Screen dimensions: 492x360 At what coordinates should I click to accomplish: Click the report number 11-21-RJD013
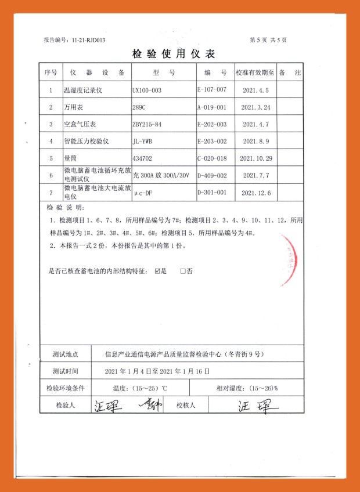click(x=87, y=40)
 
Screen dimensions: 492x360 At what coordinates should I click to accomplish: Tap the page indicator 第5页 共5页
click(x=268, y=40)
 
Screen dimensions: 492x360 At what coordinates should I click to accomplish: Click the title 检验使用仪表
click(x=174, y=54)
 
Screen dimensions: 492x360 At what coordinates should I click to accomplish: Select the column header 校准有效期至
click(x=254, y=73)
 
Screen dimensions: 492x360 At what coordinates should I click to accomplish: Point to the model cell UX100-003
click(x=147, y=91)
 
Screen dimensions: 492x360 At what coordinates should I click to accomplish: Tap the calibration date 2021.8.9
click(x=256, y=141)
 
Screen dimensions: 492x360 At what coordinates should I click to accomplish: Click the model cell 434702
click(x=143, y=158)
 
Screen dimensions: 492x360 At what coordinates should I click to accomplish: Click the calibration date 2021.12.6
click(x=256, y=192)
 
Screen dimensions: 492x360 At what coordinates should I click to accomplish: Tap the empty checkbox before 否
click(x=183, y=271)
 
